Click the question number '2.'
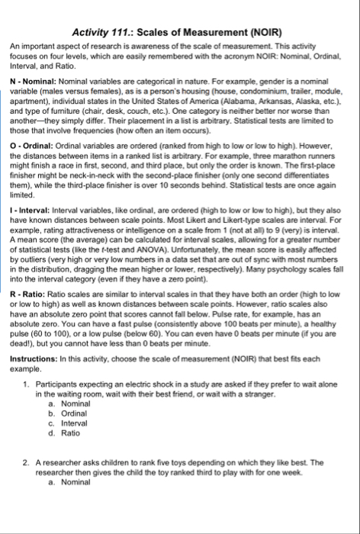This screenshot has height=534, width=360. pyautogui.click(x=26, y=462)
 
